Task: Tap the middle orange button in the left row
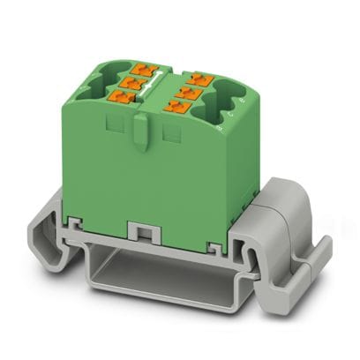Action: tap(129, 83)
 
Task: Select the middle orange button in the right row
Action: tap(180, 91)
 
